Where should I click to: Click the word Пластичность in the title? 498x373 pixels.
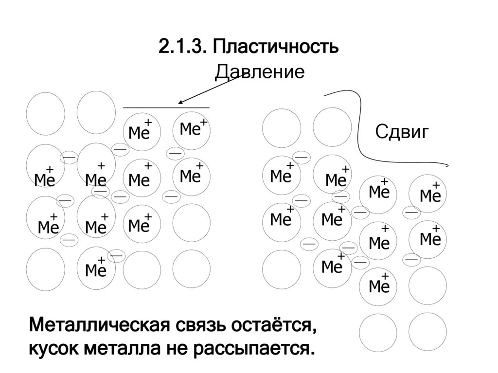click(274, 48)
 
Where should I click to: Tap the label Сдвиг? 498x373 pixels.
click(402, 131)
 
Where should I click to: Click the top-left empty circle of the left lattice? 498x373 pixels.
click(45, 112)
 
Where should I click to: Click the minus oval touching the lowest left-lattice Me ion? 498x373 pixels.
click(116, 255)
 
